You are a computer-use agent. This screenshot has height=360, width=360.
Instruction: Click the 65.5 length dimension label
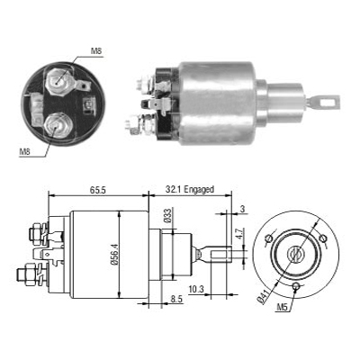pos(97,190)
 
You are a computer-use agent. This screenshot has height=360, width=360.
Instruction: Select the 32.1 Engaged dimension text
pos(190,190)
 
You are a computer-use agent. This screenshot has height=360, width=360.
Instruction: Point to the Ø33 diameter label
pos(167,216)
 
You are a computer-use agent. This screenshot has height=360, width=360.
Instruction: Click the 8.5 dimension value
pos(176,300)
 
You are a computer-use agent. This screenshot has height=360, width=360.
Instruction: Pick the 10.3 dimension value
pos(196,290)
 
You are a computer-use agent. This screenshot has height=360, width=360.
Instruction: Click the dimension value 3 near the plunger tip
pos(242,209)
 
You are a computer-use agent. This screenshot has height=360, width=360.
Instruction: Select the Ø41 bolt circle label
pos(265,297)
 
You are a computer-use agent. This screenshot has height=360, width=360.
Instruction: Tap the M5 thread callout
pos(283,307)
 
